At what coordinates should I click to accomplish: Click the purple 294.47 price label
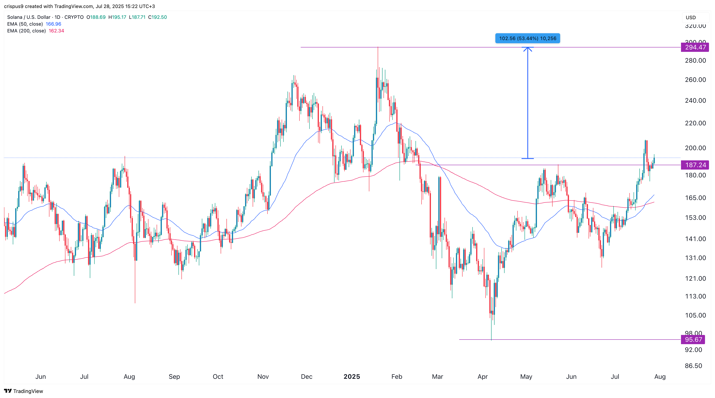coord(695,47)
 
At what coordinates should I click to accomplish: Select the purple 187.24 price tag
coord(695,165)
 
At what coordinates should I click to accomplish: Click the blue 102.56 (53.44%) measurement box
coord(527,38)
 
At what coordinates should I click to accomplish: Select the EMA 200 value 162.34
coord(56,31)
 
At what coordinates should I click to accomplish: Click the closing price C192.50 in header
coord(157,17)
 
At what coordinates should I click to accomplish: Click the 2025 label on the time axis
coord(352,377)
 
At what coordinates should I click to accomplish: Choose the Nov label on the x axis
coord(263,377)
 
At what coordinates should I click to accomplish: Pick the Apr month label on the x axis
coord(482,377)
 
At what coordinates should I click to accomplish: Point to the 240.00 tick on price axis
coord(695,101)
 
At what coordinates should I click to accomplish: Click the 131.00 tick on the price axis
coord(695,258)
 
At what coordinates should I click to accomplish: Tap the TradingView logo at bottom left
coord(24,391)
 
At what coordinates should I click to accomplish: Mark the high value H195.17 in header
coord(117,17)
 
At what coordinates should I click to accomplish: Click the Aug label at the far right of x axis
coord(660,377)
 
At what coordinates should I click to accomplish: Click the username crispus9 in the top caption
coord(14,6)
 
